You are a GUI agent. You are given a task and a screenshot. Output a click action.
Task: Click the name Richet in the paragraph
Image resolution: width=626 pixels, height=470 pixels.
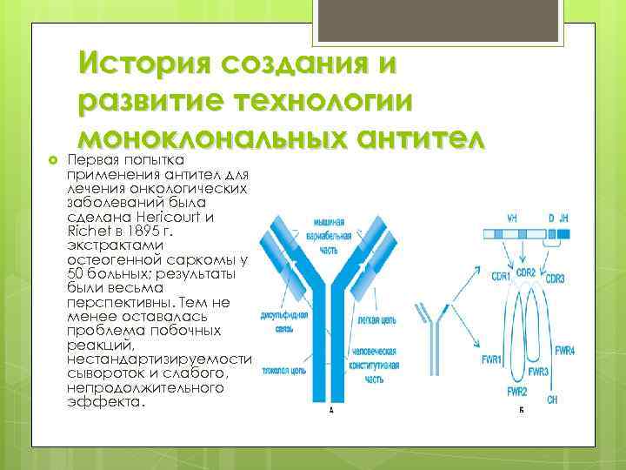(x=84, y=232)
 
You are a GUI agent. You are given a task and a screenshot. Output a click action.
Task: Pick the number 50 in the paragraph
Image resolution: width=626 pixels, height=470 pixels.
(x=76, y=274)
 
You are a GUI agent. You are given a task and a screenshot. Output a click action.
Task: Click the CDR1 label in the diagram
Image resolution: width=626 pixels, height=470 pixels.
(x=500, y=276)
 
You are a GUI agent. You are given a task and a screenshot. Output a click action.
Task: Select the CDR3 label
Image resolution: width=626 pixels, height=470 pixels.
(x=555, y=278)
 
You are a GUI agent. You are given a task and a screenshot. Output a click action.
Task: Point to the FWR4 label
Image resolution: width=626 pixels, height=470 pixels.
(x=565, y=350)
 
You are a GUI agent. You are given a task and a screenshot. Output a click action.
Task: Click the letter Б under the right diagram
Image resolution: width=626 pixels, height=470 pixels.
(x=522, y=411)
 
